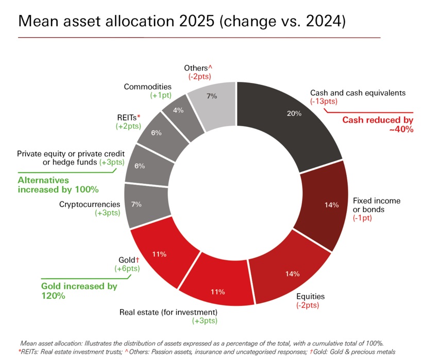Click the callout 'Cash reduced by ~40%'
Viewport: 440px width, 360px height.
(x=378, y=124)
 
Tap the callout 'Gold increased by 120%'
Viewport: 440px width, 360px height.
(x=79, y=290)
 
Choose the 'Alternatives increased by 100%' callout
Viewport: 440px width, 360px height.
(x=58, y=184)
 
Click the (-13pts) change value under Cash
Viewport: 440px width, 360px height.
(x=324, y=101)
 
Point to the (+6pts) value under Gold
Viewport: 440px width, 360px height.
(x=127, y=268)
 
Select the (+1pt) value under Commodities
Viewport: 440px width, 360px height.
(x=161, y=95)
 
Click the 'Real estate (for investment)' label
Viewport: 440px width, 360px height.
(x=168, y=312)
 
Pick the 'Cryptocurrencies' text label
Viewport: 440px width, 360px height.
(x=90, y=204)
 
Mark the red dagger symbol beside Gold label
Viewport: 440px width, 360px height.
(x=138, y=260)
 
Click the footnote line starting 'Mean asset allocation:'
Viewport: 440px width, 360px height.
(x=202, y=343)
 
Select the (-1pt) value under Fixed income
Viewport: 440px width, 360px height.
(x=362, y=218)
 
